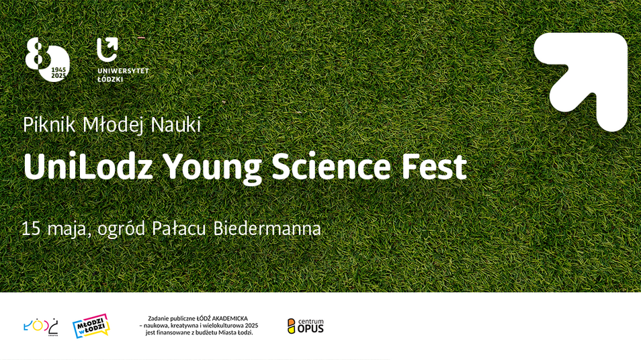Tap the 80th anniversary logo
(48, 60)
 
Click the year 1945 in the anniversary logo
(58, 71)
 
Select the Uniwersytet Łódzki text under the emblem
(123, 75)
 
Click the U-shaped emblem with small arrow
(107, 50)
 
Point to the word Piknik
(49, 125)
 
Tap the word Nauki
(176, 125)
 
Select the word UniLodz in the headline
(88, 167)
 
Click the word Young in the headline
(212, 169)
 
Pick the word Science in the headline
(331, 167)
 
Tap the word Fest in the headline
(434, 167)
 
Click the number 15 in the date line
(31, 229)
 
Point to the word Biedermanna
(267, 228)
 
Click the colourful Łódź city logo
(41, 326)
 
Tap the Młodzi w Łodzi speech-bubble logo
(91, 326)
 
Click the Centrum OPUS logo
(305, 326)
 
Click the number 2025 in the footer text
(251, 326)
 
